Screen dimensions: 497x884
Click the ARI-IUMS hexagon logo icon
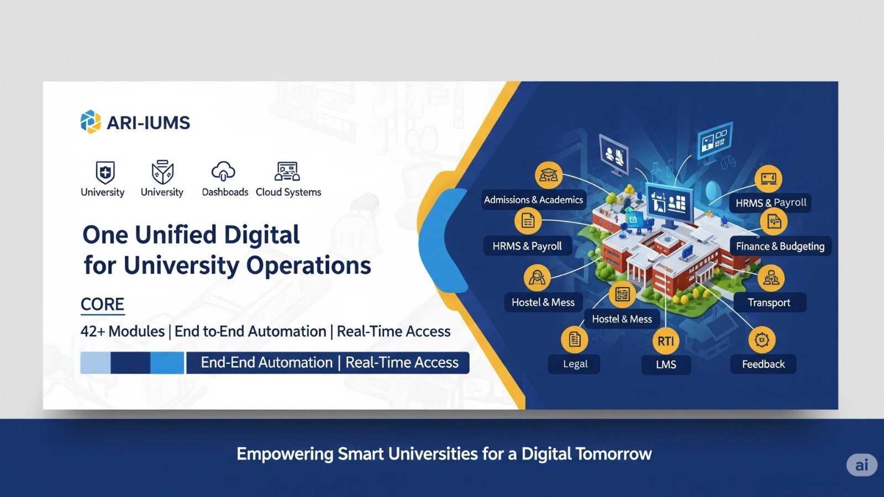[91, 122]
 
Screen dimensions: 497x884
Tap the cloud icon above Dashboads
[223, 172]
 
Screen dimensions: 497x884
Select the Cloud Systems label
[288, 192]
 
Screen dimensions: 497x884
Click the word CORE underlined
[102, 304]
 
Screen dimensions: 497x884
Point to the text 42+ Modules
[123, 331]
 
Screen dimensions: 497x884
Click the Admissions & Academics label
[533, 200]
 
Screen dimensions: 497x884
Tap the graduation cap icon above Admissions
[548, 176]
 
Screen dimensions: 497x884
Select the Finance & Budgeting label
[780, 246]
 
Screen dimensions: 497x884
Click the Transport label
[769, 303]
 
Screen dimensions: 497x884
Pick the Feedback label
[763, 364]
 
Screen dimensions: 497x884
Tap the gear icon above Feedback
[762, 340]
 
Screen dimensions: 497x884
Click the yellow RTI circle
[666, 341]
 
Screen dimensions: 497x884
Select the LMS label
[666, 365]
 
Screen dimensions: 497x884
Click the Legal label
[575, 364]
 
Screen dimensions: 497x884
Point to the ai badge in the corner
[861, 465]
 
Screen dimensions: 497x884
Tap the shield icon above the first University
[105, 173]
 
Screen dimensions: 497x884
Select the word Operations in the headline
[308, 266]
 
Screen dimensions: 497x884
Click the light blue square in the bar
[95, 363]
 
